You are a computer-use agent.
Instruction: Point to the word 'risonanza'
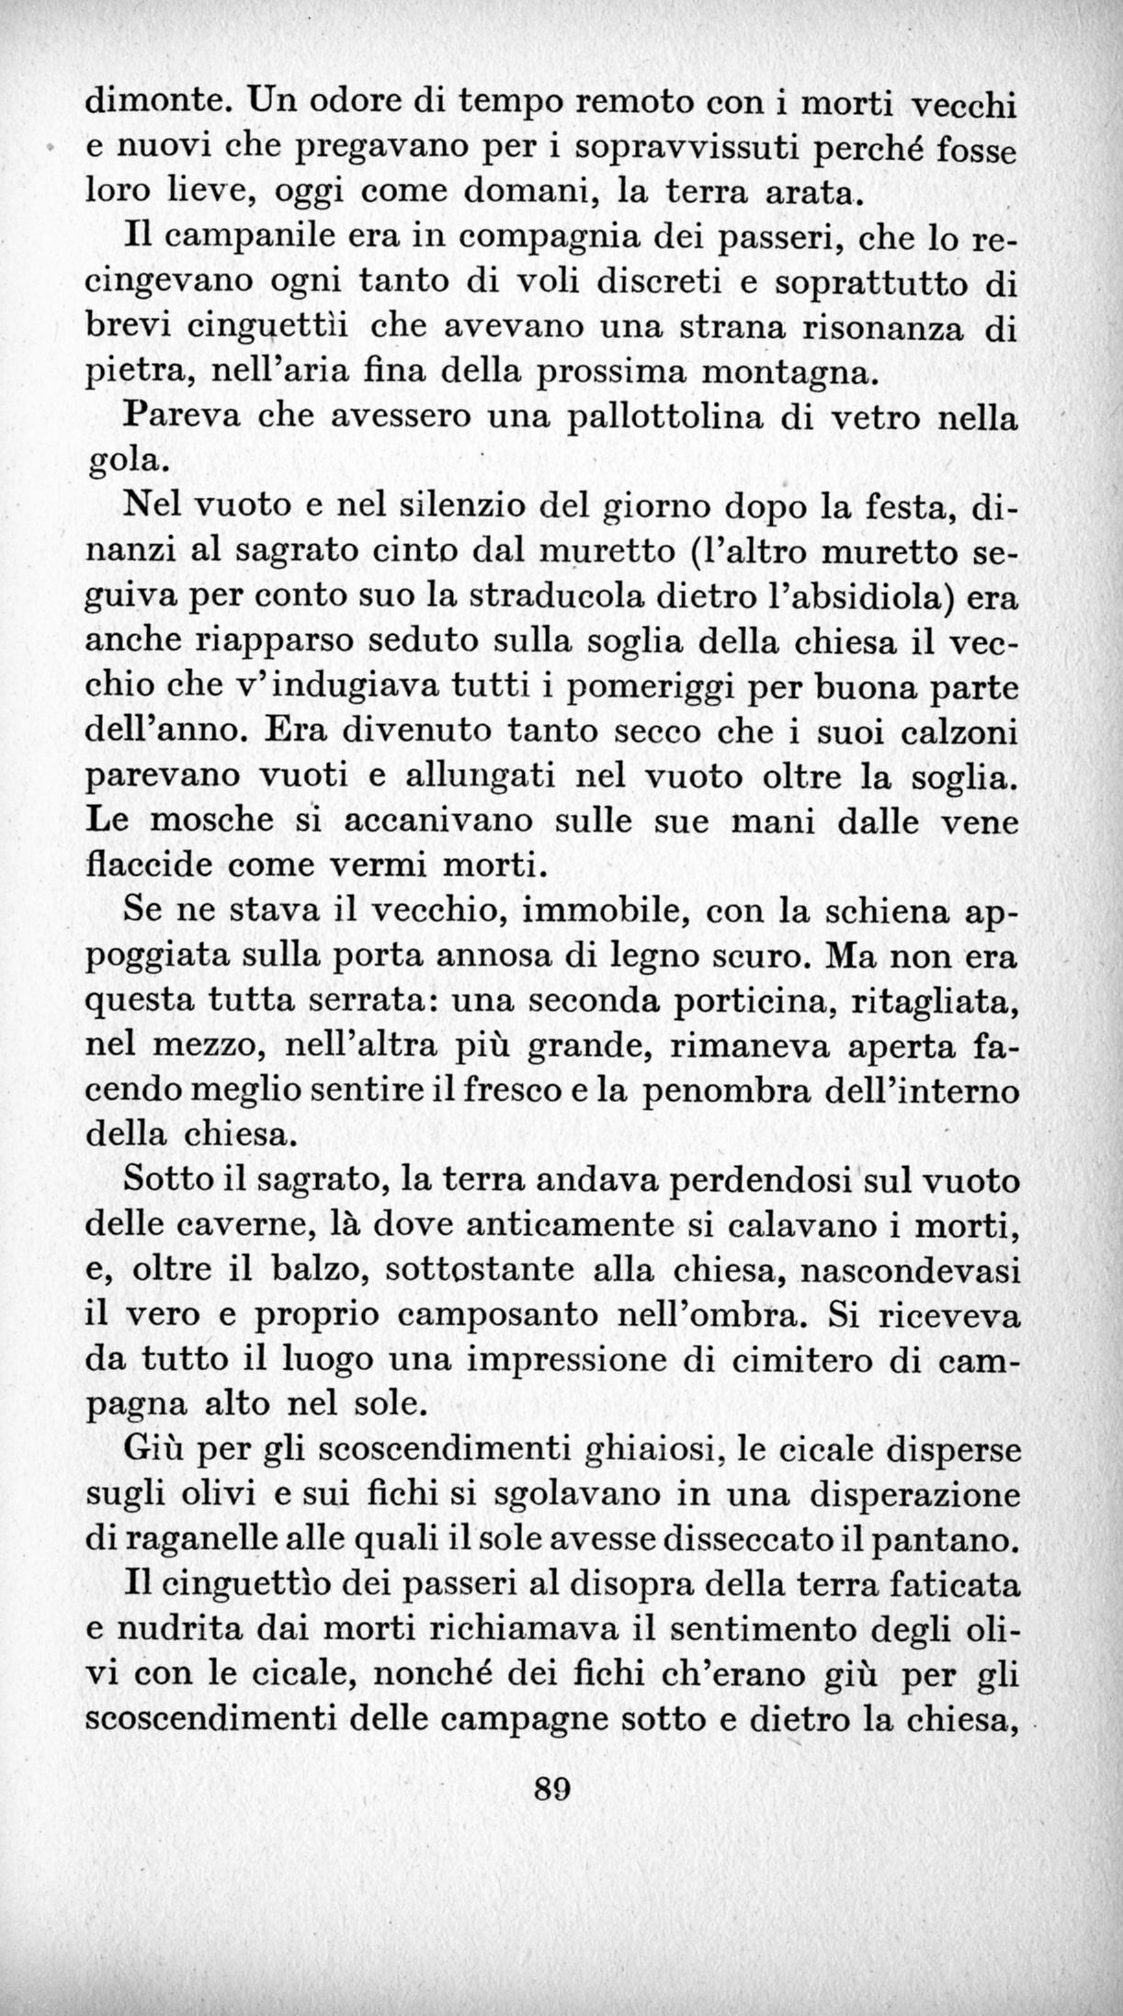click(x=883, y=327)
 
